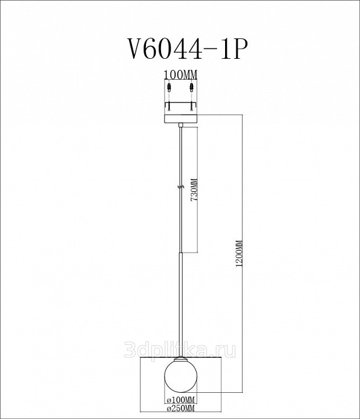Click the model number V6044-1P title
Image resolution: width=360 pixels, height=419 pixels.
tap(186, 49)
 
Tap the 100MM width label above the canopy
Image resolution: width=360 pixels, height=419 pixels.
tap(180, 75)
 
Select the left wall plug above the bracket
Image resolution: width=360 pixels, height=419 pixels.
tap(169, 87)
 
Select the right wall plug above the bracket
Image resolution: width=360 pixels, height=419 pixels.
tap(191, 87)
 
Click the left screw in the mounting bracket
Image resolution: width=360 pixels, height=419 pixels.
tap(169, 106)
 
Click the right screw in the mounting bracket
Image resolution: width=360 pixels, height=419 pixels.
tap(191, 106)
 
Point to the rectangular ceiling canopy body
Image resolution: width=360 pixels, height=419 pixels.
tap(180, 118)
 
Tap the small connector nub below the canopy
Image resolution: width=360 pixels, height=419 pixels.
tap(181, 125)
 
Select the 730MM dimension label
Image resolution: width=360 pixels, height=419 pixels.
tap(194, 190)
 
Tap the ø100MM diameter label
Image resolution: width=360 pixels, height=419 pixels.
tap(181, 400)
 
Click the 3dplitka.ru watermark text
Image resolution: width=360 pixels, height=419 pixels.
tap(180, 350)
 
